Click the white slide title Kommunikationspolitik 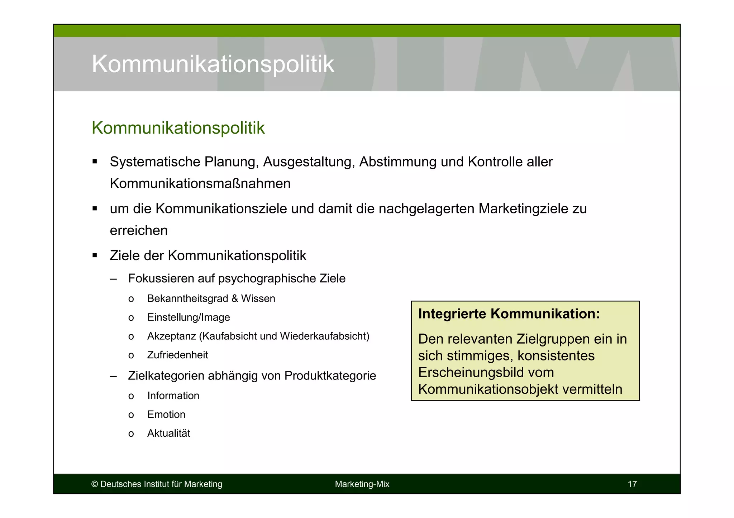pos(213,64)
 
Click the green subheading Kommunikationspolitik pos(178,128)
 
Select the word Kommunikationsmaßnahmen pos(200,184)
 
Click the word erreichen pos(139,231)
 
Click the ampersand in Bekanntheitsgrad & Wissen pos(235,299)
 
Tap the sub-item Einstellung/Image pos(189,318)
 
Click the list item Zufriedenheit pos(177,355)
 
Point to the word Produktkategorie pos(330,376)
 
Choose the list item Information pos(173,396)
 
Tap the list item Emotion pos(166,415)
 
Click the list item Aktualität pos(168,434)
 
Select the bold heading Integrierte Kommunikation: pos(509,314)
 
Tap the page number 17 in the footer pos(632,484)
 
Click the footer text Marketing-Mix pos(362,484)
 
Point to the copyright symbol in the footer pos(95,484)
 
